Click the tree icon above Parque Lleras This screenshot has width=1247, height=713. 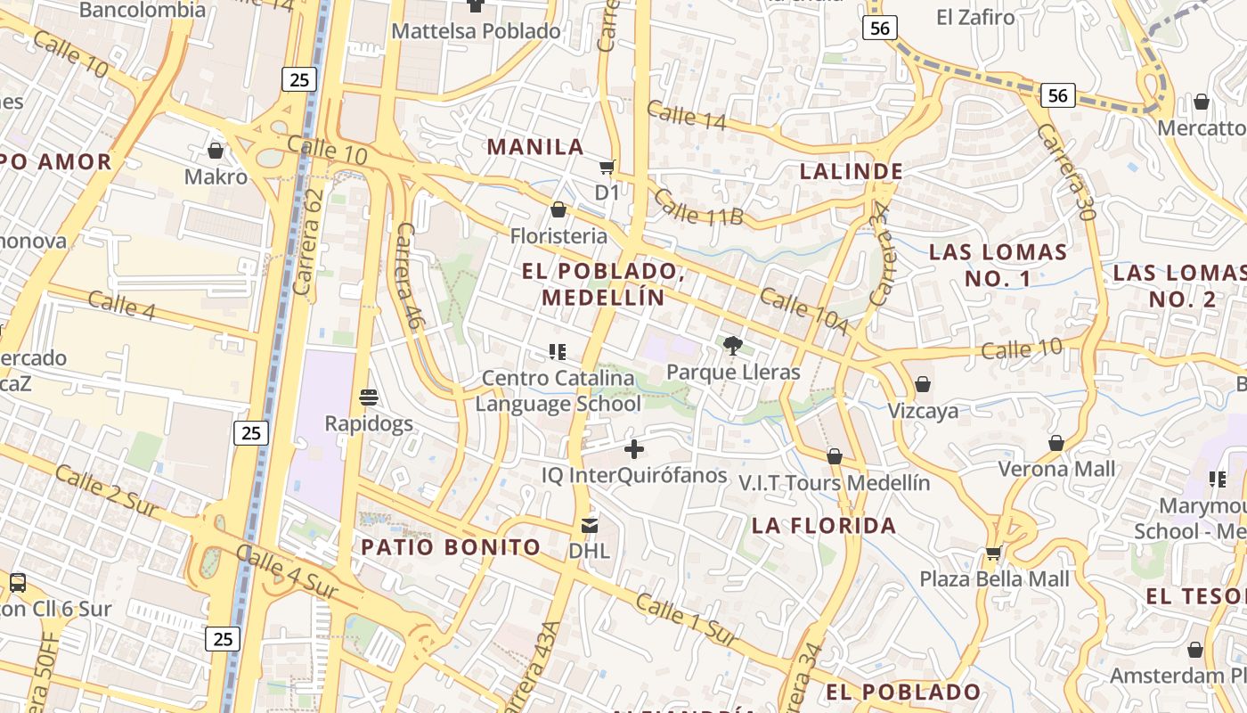pos(733,345)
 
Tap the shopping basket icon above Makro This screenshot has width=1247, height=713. pos(215,150)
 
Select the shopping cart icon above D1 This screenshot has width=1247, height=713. pos(607,167)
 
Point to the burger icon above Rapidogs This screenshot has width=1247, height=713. pos(369,397)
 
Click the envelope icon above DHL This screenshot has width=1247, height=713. pos(590,525)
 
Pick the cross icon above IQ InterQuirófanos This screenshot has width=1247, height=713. pos(634,448)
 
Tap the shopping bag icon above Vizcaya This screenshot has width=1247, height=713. pos(923,384)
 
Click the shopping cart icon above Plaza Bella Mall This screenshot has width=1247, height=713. pos(993,553)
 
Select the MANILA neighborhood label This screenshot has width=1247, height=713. pos(535,147)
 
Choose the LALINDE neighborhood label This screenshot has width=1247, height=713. pos(852,171)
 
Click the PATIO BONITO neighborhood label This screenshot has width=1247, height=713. pos(451,547)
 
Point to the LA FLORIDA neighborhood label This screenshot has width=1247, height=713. pos(824,525)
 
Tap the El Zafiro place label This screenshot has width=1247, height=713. pos(976,17)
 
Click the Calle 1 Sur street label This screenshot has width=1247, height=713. pos(687,620)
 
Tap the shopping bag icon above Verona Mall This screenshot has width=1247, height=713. pos(1056,443)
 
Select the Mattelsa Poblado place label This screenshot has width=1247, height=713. pos(477,31)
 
